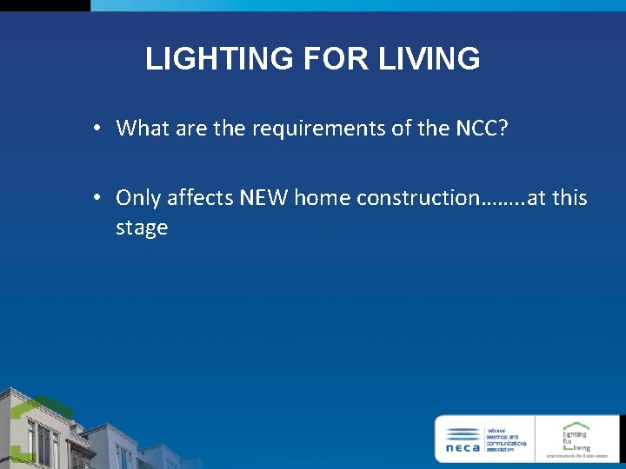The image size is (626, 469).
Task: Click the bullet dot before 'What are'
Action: click(x=100, y=129)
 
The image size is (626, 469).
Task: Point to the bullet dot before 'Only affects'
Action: click(x=100, y=198)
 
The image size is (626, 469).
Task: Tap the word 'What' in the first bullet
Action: click(x=143, y=129)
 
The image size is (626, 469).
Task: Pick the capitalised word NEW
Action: click(x=265, y=198)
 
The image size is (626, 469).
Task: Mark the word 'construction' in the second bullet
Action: click(x=417, y=198)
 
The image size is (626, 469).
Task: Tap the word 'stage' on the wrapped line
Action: click(x=142, y=228)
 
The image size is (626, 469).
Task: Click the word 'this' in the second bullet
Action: click(x=569, y=198)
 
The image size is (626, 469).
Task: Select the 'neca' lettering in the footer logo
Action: click(x=463, y=448)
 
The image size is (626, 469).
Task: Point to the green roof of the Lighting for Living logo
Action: click(x=576, y=426)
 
